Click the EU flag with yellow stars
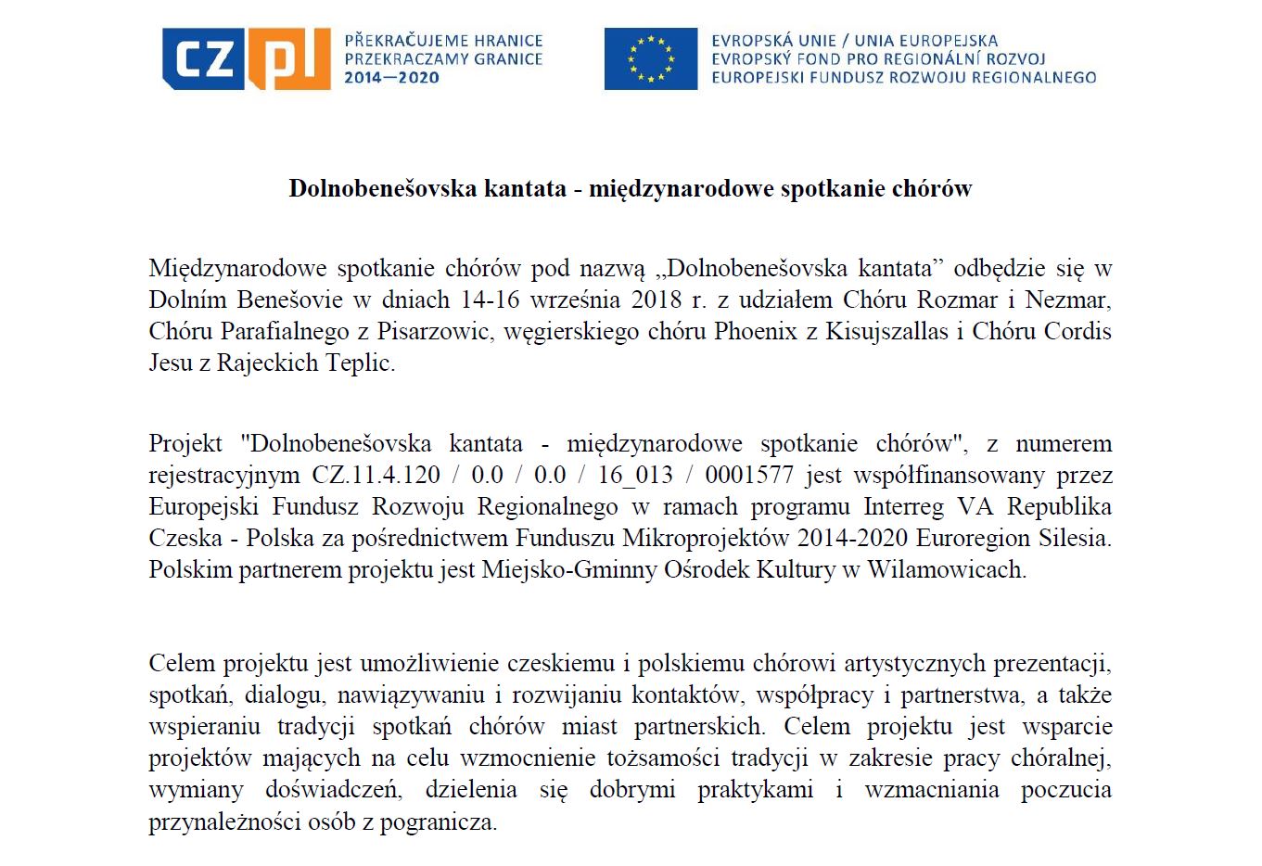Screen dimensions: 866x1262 [x=650, y=58]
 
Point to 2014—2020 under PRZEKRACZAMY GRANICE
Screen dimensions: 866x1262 [x=391, y=77]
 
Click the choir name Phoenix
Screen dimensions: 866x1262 [x=755, y=331]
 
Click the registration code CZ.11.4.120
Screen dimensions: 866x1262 [x=376, y=475]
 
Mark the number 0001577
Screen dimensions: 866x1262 [x=749, y=475]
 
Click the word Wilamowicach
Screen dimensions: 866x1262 [x=946, y=569]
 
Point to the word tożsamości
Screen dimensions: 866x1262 [x=666, y=758]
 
